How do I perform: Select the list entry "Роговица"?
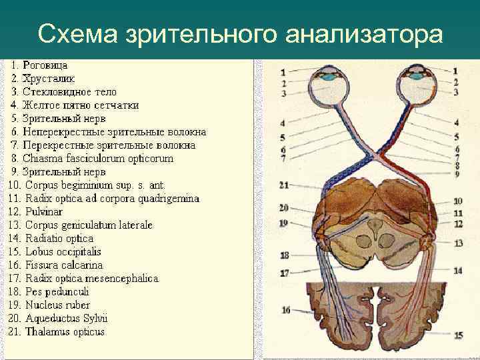tap(45, 65)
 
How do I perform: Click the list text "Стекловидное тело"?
tap(69, 92)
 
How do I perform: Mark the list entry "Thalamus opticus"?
tap(65, 331)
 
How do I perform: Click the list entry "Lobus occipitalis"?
tap(63, 252)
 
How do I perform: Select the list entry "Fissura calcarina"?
tap(64, 265)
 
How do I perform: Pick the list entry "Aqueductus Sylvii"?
tap(66, 318)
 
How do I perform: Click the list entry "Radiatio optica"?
tap(59, 239)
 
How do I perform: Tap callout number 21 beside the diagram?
tap(284, 185)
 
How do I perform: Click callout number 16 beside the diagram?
tap(285, 309)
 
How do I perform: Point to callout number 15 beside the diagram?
tap(458, 335)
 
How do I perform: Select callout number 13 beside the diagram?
tap(458, 244)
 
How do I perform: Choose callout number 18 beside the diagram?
tap(285, 255)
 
